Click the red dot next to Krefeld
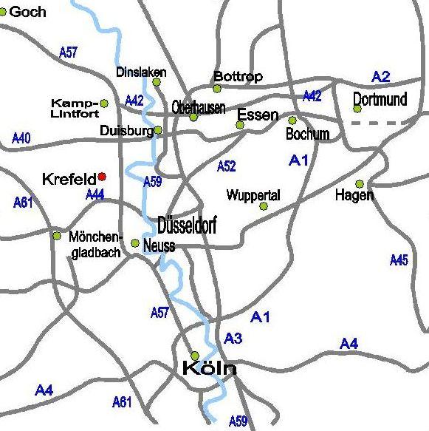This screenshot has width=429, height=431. click(102, 176)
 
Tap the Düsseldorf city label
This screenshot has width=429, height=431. click(187, 225)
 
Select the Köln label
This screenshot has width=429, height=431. click(209, 368)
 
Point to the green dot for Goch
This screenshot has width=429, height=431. click(4, 12)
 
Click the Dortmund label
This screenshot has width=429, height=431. click(380, 99)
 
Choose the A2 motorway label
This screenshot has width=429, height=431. click(381, 76)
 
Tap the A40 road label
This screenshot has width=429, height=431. click(22, 138)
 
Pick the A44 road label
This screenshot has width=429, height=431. click(95, 194)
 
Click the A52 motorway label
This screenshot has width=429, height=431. click(226, 166)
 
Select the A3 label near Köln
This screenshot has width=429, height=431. click(233, 339)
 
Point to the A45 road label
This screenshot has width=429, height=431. click(399, 259)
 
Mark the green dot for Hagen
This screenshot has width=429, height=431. click(360, 183)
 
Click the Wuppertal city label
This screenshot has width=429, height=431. click(253, 196)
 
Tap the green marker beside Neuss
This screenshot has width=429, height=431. click(135, 243)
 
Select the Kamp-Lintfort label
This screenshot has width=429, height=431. click(74, 108)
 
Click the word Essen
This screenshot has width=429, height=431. click(258, 115)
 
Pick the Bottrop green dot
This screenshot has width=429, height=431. click(217, 89)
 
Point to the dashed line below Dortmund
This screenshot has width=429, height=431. click(389, 123)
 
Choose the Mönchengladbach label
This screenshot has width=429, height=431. click(94, 245)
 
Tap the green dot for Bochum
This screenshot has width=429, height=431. click(292, 120)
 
